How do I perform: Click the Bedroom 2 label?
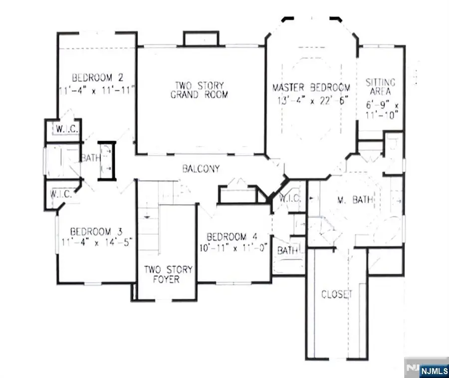tap(97, 78)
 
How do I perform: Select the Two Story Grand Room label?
tap(199, 89)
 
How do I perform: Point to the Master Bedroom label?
tap(311, 88)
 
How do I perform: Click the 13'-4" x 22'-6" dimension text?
tap(312, 100)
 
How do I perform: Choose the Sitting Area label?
tap(381, 87)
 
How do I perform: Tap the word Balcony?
tap(200, 169)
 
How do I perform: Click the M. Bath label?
tap(349, 200)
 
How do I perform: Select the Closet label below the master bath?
tap(336, 294)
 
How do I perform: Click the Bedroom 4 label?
tap(233, 236)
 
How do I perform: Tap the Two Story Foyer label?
tap(168, 274)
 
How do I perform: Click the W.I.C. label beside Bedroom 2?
tap(65, 129)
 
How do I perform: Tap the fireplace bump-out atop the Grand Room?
tap(201, 39)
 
